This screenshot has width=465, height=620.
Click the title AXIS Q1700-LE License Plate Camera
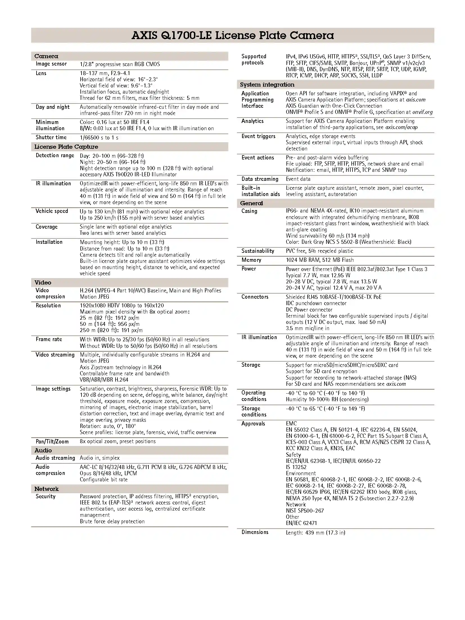click(x=233, y=35)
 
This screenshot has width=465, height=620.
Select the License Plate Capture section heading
click(x=66, y=147)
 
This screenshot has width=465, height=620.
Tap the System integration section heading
click(x=267, y=85)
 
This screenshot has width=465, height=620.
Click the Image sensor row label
click(x=51, y=64)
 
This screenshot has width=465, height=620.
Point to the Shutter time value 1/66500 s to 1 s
click(x=99, y=137)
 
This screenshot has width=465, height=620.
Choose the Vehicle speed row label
click(x=52, y=211)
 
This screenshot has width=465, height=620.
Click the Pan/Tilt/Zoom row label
click(x=52, y=441)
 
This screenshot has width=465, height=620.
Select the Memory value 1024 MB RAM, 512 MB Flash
click(x=320, y=260)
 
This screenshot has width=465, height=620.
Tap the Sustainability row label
click(x=258, y=251)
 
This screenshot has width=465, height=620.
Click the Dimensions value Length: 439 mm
click(x=315, y=533)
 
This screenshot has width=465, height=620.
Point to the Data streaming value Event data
click(x=298, y=179)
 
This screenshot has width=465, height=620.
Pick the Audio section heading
click(x=43, y=450)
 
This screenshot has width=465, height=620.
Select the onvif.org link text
click(x=423, y=112)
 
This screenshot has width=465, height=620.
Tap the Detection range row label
click(x=55, y=155)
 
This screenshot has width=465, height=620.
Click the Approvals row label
click(x=253, y=424)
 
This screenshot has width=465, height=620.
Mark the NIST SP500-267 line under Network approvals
click(x=305, y=511)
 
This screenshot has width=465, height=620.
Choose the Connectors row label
click(x=255, y=297)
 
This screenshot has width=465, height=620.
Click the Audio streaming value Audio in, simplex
click(x=100, y=458)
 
